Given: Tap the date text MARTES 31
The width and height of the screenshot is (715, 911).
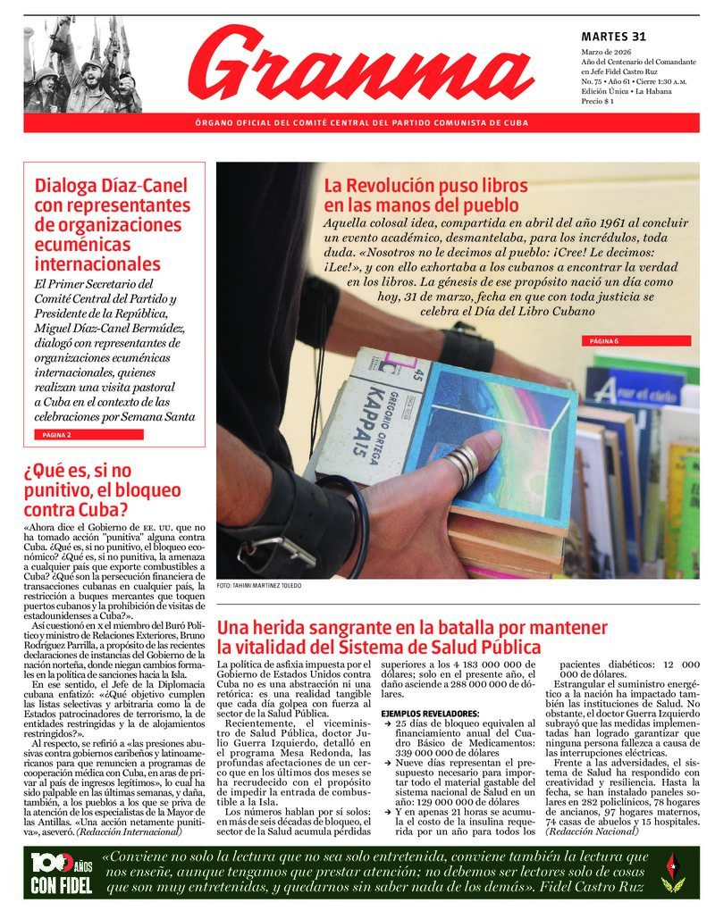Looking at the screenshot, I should coord(612,37).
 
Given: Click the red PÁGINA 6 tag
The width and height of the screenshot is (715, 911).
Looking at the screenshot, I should coord(604,341).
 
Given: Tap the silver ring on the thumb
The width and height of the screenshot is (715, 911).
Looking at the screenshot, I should coord(463,464).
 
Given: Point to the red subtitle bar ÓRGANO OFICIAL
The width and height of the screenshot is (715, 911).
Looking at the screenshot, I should coord(361,122).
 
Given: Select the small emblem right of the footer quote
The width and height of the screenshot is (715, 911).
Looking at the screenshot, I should coord(673,872).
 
